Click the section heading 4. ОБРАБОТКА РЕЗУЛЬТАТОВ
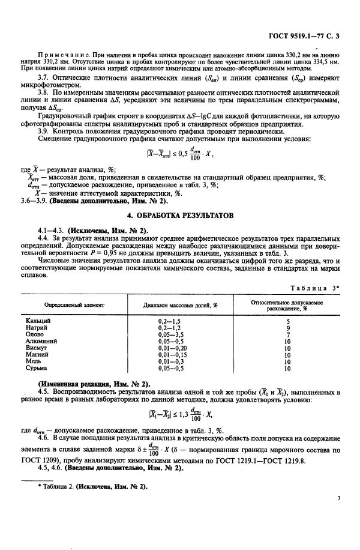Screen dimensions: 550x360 click(179, 215)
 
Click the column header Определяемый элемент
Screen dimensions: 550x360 click(74, 305)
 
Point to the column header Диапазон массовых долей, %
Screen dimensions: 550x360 click(180, 305)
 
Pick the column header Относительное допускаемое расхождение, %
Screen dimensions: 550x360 click(286, 305)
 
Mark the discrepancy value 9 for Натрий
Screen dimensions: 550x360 click(287, 328)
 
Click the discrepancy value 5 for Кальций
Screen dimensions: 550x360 click(287, 321)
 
